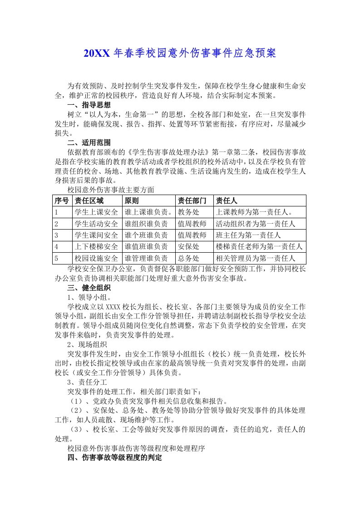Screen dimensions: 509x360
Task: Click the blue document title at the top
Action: coord(180,54)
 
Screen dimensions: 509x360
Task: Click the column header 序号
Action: coord(62,201)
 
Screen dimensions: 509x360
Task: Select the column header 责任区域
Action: coord(89,201)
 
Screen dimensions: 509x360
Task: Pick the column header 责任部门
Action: coord(192,201)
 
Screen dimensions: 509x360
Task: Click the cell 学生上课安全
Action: coord(96,212)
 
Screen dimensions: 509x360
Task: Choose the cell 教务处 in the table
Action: coord(188,212)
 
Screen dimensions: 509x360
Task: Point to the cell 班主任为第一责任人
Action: coord(248,235)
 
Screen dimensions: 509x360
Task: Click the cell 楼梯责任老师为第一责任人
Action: coord(259,247)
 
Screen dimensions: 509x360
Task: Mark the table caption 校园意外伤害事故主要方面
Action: coord(111,189)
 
